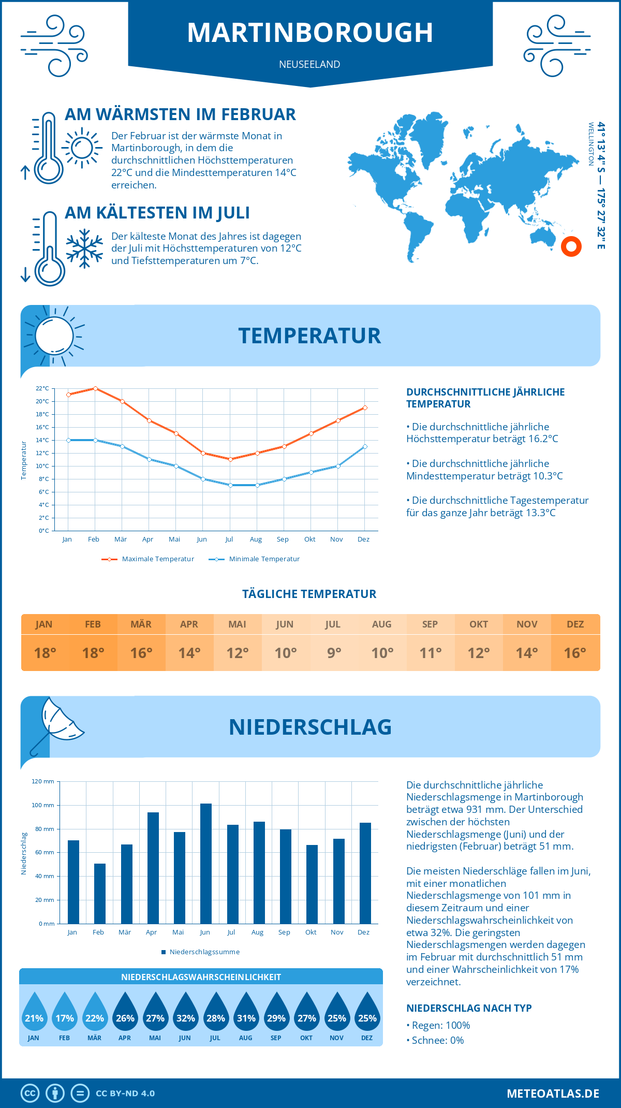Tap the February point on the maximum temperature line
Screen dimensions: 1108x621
click(x=95, y=388)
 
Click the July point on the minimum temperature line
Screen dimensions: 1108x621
click(x=230, y=485)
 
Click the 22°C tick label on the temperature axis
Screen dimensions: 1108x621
click(x=42, y=388)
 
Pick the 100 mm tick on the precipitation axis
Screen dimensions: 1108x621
click(x=43, y=805)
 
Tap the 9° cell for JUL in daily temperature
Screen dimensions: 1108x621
click(x=334, y=653)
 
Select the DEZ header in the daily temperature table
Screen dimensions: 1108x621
click(x=575, y=624)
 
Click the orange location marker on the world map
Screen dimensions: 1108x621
click(x=571, y=246)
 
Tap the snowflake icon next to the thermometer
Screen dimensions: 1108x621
click(x=84, y=249)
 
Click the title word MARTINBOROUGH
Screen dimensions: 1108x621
click(x=310, y=33)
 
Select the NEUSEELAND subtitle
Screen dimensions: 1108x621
click(x=309, y=64)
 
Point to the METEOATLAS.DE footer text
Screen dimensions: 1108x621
click(x=553, y=1094)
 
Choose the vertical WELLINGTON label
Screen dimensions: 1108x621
click(x=591, y=144)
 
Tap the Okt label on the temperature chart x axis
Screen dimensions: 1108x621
click(x=309, y=539)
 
